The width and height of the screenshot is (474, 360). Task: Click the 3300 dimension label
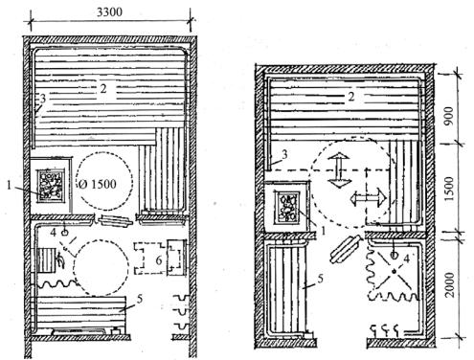pos(109,12)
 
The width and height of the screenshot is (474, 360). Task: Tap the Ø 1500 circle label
pos(97,184)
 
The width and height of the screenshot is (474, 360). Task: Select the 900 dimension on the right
pos(448,116)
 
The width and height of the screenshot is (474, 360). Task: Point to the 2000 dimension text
pos(449,284)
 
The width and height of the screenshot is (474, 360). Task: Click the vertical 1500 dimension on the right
pos(449,189)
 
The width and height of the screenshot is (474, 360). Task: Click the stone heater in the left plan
pos(52,186)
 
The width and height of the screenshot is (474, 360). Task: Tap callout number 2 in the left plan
pos(103,88)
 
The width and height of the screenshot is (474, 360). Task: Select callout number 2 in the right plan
pos(351,96)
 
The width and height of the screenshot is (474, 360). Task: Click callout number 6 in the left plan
pos(159,260)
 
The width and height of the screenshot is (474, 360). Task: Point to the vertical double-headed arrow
pos(339,170)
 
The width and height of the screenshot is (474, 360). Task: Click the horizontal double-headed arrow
pos(369,198)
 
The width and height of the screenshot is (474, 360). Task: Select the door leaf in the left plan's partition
pos(115,221)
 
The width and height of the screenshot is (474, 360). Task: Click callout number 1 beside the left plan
pos(10,185)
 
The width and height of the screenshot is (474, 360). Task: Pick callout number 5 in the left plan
pos(139,300)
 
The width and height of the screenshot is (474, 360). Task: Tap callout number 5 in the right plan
pos(320,279)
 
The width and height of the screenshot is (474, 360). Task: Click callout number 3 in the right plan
pos(284,154)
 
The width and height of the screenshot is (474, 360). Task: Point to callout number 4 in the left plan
pos(54,233)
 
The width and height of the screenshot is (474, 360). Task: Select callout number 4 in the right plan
pos(406,259)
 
